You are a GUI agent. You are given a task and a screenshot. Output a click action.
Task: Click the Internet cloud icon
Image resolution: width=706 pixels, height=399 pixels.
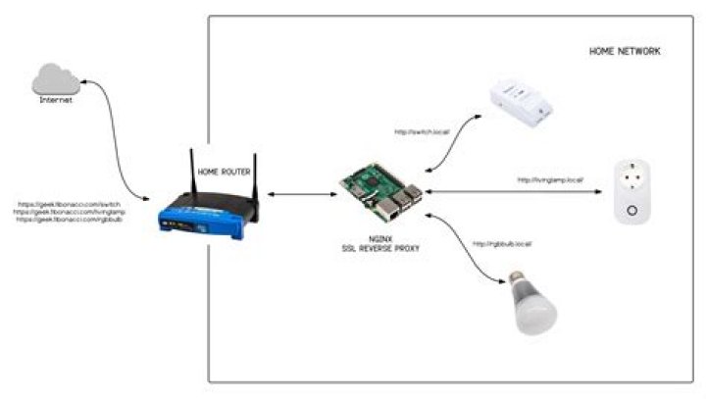[55, 79]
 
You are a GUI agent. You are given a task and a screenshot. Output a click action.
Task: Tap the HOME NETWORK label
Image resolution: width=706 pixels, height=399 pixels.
[624, 50]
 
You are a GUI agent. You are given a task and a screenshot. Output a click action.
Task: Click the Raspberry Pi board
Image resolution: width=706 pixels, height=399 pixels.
[382, 191]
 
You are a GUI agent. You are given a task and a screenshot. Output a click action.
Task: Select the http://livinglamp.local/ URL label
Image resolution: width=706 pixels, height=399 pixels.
[550, 180]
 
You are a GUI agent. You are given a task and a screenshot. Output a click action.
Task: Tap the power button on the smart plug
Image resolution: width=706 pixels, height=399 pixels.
[632, 209]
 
